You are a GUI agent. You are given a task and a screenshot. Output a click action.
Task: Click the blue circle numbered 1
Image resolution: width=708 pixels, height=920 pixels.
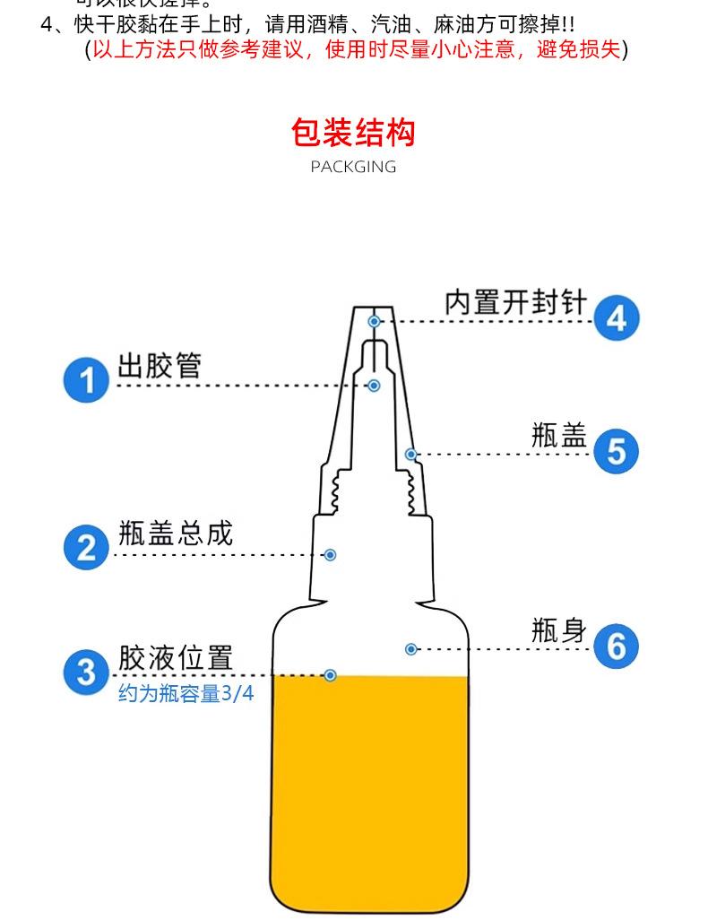point(86,380)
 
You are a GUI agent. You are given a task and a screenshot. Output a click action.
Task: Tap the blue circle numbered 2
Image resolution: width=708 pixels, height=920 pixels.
point(86,547)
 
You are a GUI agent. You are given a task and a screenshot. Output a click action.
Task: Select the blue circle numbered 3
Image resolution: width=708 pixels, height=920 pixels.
point(86,672)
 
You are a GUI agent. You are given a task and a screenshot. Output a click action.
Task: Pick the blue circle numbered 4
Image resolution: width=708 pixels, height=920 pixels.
point(617,318)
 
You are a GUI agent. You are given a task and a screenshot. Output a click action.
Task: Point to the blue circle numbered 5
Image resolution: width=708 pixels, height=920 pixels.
point(617,450)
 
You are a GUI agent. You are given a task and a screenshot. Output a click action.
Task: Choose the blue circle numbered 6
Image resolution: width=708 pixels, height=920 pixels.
point(617,646)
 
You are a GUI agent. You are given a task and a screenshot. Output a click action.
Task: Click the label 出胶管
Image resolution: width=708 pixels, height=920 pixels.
point(160,366)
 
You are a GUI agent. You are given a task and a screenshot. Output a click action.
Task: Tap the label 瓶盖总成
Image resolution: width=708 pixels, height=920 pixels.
point(176,534)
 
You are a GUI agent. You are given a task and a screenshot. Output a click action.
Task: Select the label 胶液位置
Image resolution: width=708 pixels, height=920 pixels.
point(176,657)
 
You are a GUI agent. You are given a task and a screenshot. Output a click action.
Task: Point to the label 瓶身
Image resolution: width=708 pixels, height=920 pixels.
point(559,630)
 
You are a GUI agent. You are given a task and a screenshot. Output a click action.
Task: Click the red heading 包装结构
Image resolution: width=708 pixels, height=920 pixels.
point(353,133)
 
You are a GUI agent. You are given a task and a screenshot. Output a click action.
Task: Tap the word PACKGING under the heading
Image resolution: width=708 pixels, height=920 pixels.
point(353,167)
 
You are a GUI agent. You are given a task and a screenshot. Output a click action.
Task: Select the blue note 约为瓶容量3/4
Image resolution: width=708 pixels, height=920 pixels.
point(186,693)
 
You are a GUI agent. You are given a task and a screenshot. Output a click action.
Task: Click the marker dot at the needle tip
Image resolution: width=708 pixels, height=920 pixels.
point(375,321)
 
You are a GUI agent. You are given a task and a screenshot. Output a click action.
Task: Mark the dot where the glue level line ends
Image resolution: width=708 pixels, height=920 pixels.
point(330,674)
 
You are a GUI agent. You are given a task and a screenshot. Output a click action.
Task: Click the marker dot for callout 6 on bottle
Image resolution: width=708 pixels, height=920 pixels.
point(411,648)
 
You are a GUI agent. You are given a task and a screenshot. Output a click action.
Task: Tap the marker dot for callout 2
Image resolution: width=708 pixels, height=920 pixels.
point(330,555)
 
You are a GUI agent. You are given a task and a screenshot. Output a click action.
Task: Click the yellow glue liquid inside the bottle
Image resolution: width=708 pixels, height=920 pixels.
point(369,789)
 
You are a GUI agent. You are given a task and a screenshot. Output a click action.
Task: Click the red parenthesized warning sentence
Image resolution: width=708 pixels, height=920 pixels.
point(356,49)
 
